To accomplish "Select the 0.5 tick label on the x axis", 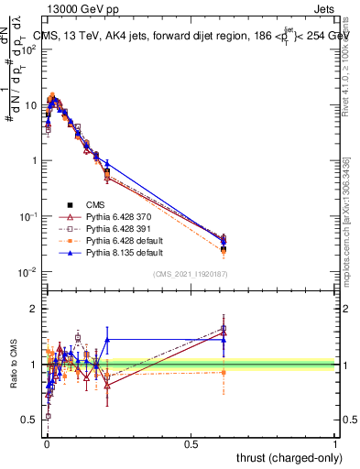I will [x=191, y=443].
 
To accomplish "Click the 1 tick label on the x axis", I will [x=335, y=443].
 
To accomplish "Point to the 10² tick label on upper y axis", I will [x=27, y=49].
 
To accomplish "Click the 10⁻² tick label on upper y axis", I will [x=27, y=272].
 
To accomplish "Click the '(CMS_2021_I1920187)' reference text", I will [x=191, y=274].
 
